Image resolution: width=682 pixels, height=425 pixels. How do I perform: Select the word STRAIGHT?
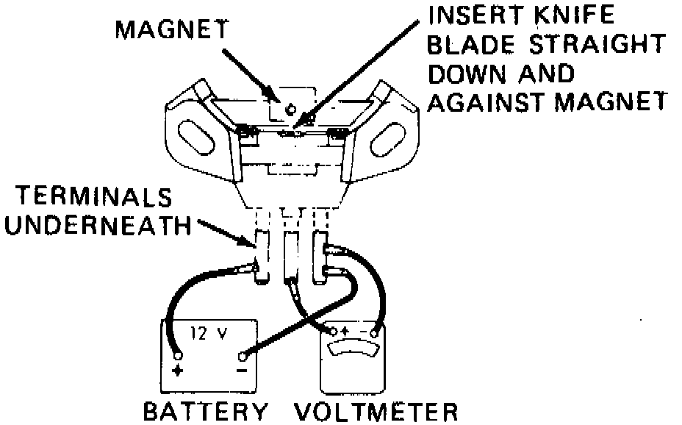[x=597, y=44]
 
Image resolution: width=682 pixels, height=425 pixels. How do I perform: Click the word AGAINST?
[x=487, y=102]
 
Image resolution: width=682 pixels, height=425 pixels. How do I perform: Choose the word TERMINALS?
[x=94, y=196]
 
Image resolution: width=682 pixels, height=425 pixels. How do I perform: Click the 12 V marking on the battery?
[x=208, y=334]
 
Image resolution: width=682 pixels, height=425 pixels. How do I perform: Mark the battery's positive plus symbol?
[x=177, y=371]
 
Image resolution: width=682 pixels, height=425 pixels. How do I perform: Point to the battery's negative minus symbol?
[x=243, y=371]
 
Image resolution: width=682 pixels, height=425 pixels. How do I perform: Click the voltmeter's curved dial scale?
[x=353, y=347]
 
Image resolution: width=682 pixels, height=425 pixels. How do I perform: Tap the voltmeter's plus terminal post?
[x=333, y=332]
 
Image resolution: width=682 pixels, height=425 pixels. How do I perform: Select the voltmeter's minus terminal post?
[x=373, y=333]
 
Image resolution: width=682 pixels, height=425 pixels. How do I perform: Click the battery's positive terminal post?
[x=177, y=355]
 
